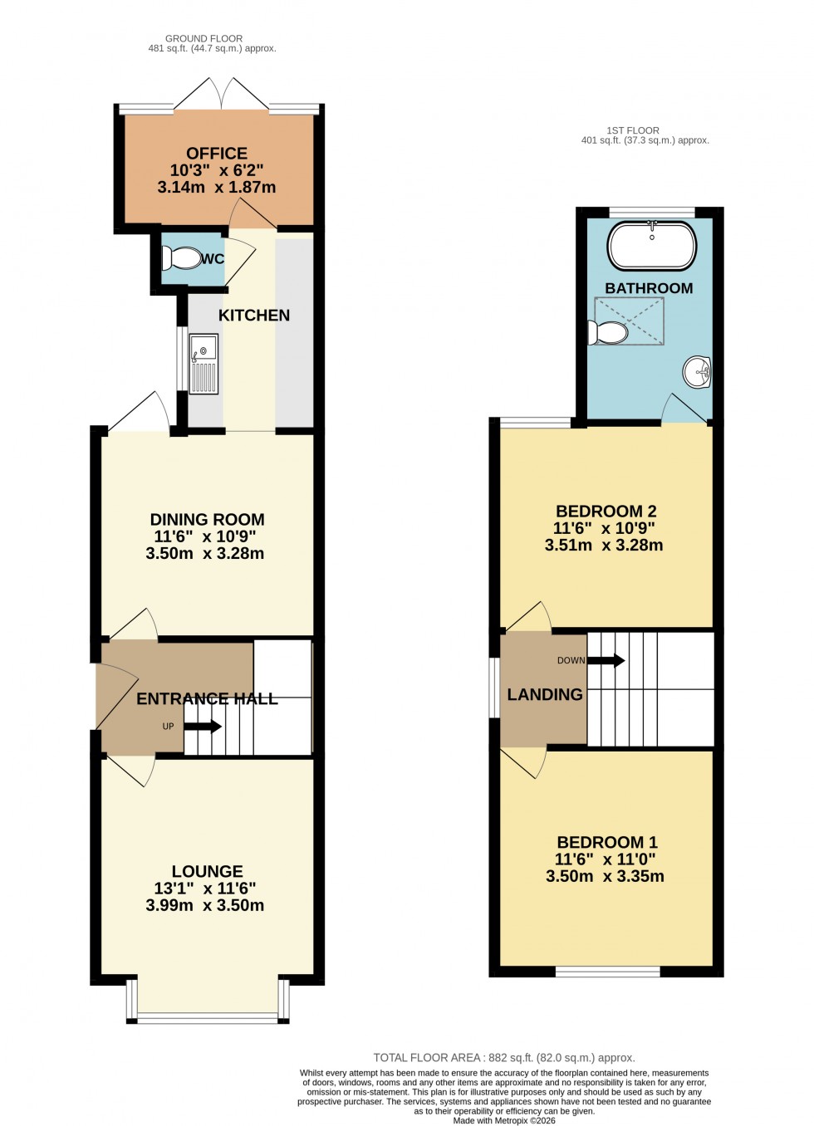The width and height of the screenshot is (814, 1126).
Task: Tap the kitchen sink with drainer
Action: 203,364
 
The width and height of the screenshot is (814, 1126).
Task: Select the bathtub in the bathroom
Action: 652,246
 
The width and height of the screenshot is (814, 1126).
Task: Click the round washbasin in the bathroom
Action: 698,372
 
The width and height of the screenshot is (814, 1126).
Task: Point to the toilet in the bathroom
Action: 608,333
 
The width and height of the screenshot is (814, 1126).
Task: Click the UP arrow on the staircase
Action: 203,727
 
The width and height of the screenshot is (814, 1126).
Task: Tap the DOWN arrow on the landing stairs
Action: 606,661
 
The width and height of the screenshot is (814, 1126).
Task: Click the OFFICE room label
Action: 217,154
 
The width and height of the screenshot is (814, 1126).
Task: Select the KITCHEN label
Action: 254,316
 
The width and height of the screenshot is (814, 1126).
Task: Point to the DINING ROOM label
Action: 207,520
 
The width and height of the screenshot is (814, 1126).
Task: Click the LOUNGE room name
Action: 207,871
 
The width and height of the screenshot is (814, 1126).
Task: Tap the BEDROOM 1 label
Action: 607,842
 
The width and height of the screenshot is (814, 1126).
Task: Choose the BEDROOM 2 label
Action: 606,512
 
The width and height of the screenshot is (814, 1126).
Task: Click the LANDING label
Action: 545,695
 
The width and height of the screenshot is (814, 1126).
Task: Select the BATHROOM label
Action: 649,288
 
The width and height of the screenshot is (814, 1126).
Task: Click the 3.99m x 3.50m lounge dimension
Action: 205,906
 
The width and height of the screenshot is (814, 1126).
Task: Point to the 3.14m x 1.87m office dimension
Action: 217,188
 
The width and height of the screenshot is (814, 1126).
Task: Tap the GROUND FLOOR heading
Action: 203,38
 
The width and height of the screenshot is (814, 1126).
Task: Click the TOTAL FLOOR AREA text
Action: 503,1058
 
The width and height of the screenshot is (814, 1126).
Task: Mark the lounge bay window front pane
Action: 208,1017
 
